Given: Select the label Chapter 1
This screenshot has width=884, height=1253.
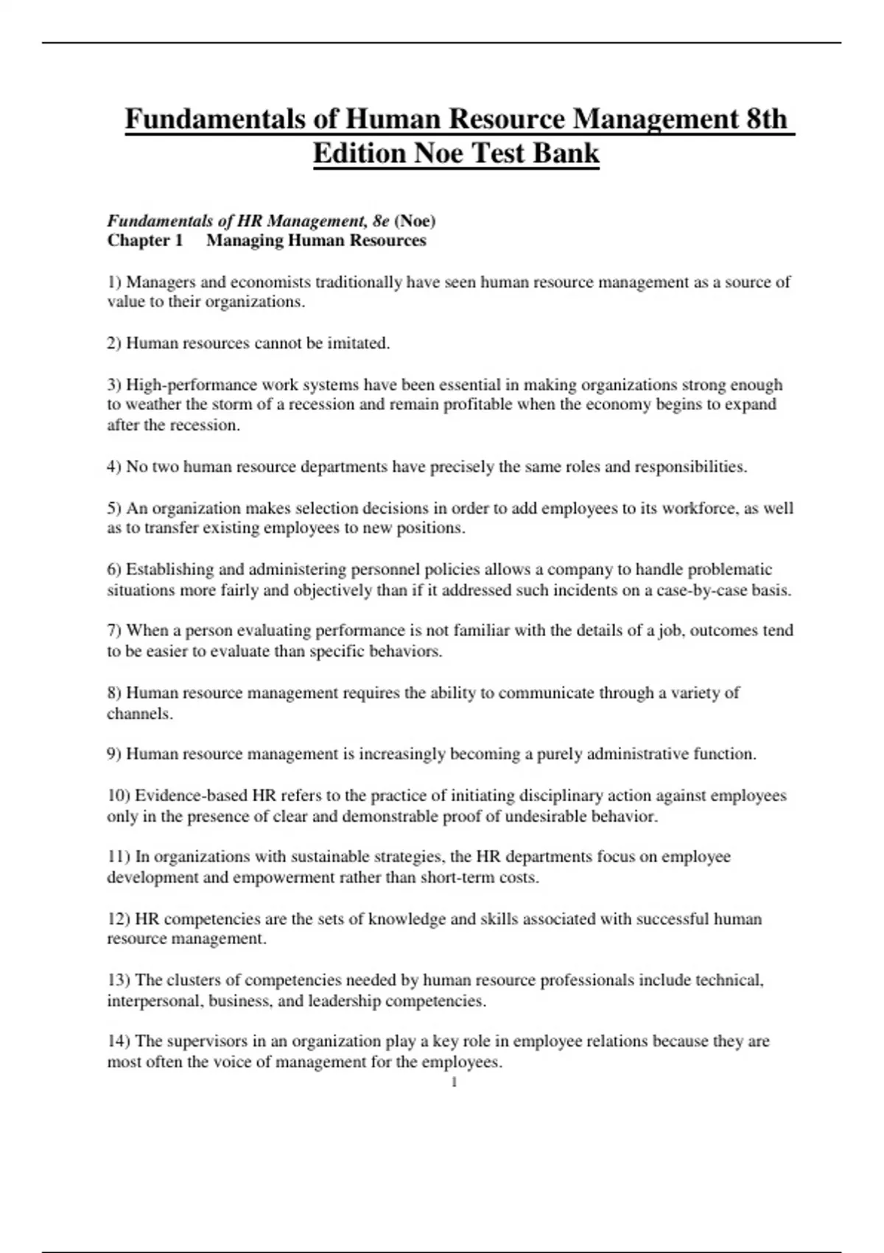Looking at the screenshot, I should (144, 240).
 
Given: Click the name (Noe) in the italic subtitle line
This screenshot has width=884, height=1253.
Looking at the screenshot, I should (415, 220).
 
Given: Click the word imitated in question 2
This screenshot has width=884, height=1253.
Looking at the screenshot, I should (358, 343).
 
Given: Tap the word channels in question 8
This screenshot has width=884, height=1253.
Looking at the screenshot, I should (139, 713).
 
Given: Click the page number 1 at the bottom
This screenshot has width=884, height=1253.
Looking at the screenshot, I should (454, 1082).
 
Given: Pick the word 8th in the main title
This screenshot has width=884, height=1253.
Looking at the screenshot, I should (767, 119).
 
